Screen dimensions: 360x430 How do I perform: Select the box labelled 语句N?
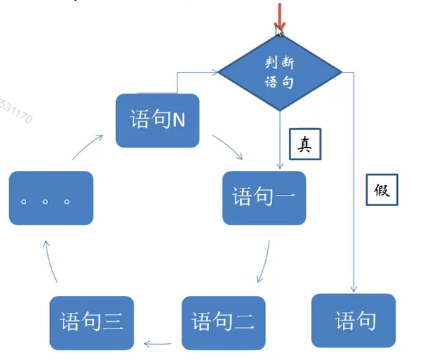coord(158,120)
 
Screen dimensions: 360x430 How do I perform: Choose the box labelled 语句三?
coord(92,321)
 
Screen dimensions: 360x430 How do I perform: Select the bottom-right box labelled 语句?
coord(354,321)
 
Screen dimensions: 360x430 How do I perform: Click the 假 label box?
coord(380,190)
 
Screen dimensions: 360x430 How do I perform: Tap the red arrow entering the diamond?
coord(279,16)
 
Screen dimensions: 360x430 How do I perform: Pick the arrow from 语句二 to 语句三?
coord(161,343)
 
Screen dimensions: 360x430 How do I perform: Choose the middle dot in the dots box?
coord(45,201)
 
